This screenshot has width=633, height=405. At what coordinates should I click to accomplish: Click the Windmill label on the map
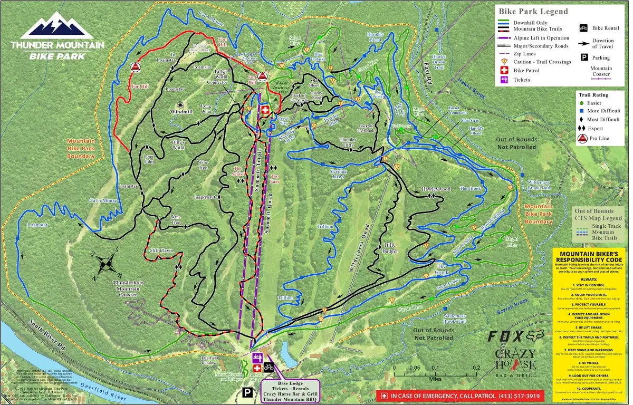point(181,112)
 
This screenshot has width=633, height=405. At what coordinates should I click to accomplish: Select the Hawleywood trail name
point(436,189)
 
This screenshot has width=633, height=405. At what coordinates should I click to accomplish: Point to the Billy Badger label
point(390,248)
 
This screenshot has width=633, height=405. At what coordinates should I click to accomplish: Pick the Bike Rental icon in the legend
point(584,28)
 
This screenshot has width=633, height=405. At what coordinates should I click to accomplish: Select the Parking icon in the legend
point(584,57)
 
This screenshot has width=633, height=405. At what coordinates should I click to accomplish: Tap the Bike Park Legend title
point(533,11)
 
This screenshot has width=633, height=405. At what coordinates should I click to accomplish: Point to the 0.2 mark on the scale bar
point(476,368)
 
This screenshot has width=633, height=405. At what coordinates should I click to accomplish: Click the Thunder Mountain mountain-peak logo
point(57,26)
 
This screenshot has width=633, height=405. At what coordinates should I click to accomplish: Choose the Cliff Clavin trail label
point(161,250)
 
